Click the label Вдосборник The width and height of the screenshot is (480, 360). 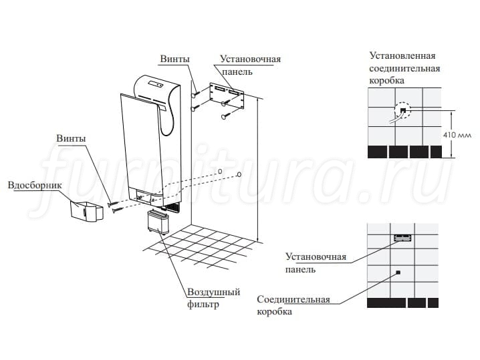(x=35, y=186)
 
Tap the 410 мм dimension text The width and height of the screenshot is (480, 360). (x=457, y=135)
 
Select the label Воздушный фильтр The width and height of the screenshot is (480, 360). (x=214, y=298)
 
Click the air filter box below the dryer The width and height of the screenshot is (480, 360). (x=158, y=222)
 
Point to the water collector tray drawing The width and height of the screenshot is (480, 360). (x=87, y=210)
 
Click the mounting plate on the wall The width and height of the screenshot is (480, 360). (x=227, y=96)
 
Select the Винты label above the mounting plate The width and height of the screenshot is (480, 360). (x=174, y=59)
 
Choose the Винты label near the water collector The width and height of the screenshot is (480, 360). (x=71, y=138)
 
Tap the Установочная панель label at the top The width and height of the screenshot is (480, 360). (x=251, y=65)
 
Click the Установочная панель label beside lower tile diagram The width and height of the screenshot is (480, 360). (x=316, y=262)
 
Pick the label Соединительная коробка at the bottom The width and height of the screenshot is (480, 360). (x=293, y=305)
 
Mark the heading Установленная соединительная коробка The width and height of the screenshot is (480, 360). (x=404, y=68)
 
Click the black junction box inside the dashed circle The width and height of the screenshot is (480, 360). (x=403, y=110)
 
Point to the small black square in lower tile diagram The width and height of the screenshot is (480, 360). (x=398, y=273)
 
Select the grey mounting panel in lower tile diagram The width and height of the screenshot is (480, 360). (x=402, y=238)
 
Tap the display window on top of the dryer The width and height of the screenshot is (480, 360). (x=156, y=83)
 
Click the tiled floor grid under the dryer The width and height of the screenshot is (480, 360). (x=199, y=247)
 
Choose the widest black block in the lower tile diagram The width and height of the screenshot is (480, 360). (x=386, y=303)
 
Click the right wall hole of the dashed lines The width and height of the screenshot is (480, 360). (x=239, y=174)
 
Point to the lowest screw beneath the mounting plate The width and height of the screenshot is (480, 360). (x=227, y=116)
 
